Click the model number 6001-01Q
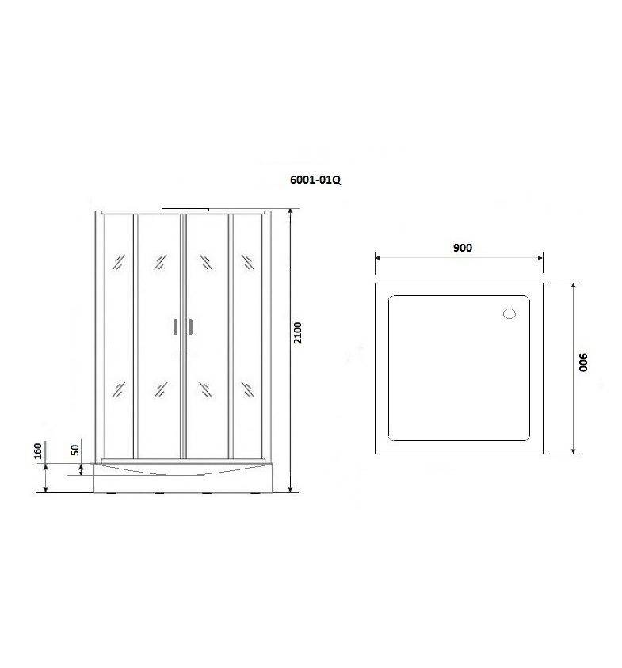pos(315,180)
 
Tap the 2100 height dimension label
pos(298,332)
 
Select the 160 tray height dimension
pos(38,451)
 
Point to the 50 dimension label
pos(75,450)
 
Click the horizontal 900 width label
pos(463,248)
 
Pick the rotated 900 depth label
pos(583,362)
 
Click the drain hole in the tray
pos(509,314)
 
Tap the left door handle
pos(175,327)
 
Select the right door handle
pos(190,327)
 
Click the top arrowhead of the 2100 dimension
pos(290,212)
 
